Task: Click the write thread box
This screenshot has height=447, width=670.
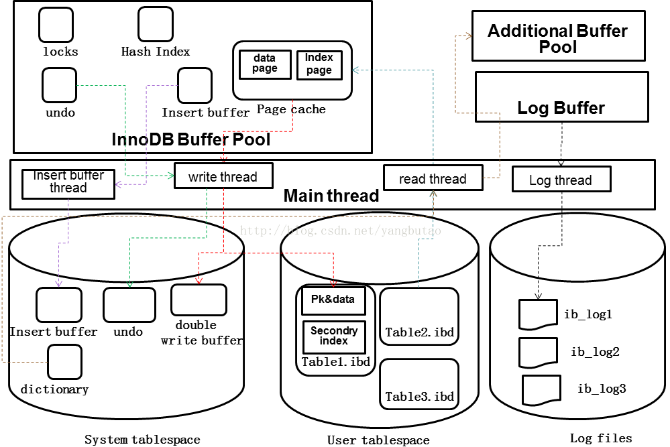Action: coord(223,177)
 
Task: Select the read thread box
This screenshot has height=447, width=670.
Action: coord(433,179)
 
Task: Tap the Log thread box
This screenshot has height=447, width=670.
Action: coord(561,180)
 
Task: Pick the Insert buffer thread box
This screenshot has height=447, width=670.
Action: coord(68,182)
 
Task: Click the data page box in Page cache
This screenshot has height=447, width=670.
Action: coord(265,64)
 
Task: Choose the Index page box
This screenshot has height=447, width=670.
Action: coord(319,65)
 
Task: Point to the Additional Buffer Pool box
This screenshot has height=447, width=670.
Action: coord(558,39)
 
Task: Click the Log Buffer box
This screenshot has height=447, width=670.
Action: coord(561,97)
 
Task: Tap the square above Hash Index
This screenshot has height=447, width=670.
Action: coord(155,25)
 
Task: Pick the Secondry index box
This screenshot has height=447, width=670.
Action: coord(333,336)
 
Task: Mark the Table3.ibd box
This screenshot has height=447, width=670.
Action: coord(419,383)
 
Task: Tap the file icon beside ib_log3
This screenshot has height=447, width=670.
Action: coord(541,389)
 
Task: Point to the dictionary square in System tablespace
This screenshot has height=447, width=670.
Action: coord(64,362)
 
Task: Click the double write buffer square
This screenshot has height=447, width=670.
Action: coord(198,300)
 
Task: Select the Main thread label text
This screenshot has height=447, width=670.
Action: coord(331,196)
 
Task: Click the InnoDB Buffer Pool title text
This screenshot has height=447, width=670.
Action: coord(191,139)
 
